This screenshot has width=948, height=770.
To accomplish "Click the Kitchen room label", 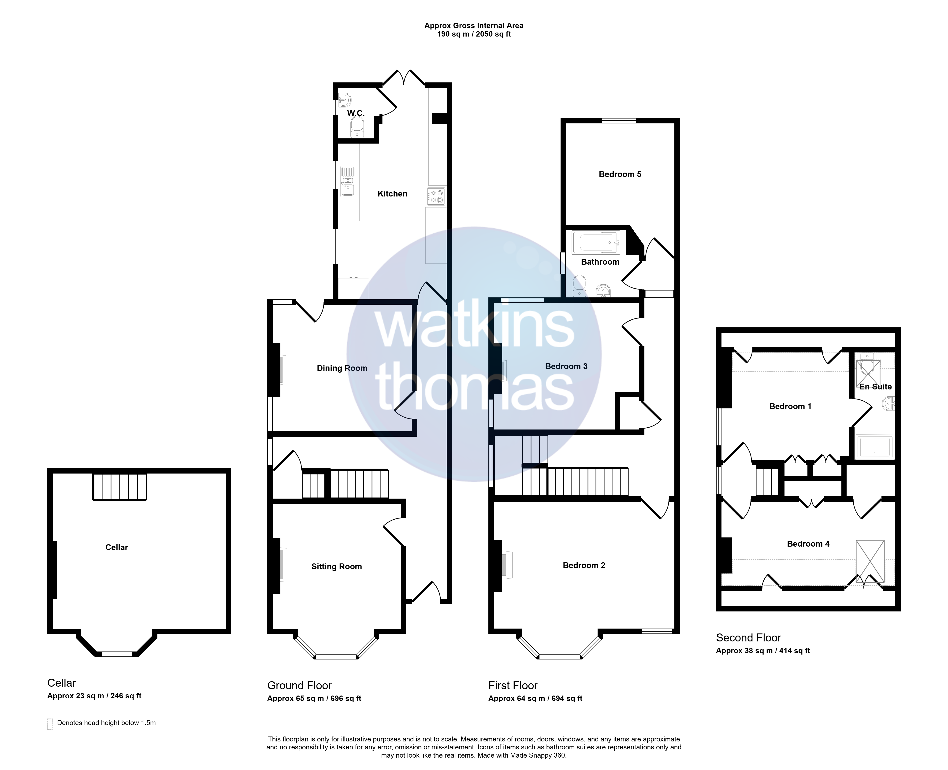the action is point(392,194).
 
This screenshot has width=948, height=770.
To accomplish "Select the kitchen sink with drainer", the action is point(348,181).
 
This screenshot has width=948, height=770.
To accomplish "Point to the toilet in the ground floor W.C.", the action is point(357,127).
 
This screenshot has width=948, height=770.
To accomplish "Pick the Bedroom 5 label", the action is point(620,174).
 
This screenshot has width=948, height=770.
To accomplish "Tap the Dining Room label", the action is point(342,368).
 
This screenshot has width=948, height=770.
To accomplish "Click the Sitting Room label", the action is point(337,566).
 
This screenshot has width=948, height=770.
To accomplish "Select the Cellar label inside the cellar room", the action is point(117,547).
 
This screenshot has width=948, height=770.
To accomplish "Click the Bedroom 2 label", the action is point(584,565).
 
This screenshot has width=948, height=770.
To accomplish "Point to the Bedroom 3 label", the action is point(566,366).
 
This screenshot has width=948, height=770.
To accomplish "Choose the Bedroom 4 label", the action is point(808,544).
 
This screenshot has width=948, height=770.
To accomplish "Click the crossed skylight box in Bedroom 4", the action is point(870,561).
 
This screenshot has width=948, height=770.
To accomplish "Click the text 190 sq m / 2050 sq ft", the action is point(474,34).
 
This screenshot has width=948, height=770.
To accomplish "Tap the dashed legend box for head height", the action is point(50,724).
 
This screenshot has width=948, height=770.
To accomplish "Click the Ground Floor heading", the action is point(299,685).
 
